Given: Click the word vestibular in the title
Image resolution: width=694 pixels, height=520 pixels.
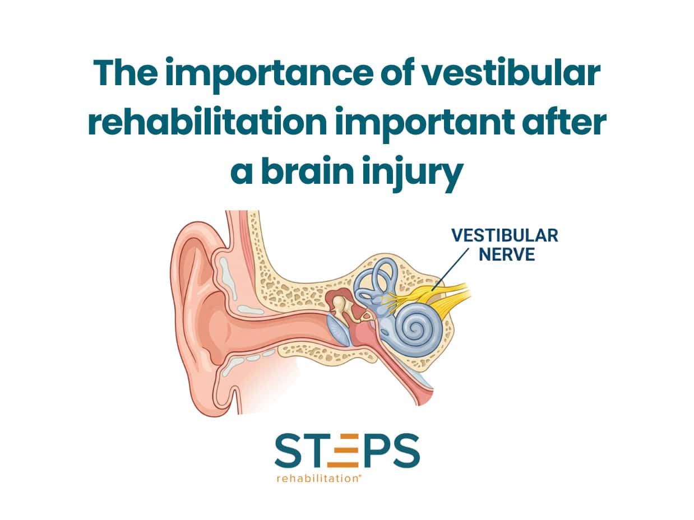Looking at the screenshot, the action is (x=511, y=72).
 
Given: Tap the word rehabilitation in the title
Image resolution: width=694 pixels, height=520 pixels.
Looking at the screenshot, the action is (x=207, y=121).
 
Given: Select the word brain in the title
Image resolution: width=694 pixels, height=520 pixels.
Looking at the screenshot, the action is (x=307, y=171).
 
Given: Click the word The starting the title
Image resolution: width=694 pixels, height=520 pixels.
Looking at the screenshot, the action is (x=125, y=72).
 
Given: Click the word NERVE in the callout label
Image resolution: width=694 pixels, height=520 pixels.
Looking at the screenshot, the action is (x=507, y=254).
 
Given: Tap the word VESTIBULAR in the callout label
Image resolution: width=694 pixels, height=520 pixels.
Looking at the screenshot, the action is (x=505, y=236).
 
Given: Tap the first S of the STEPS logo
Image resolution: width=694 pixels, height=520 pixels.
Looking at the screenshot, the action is (x=288, y=450).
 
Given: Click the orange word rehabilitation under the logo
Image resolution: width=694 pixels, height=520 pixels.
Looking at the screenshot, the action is (x=319, y=479).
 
